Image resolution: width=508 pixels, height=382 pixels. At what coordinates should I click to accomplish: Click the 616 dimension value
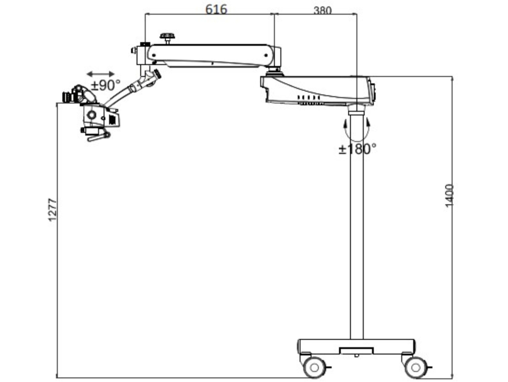tap(216, 9)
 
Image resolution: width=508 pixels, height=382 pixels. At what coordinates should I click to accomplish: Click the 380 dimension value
tap(322, 10)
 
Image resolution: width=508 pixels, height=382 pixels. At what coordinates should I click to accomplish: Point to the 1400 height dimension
tap(449, 195)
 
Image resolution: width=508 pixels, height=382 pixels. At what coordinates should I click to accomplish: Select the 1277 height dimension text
tap(52, 210)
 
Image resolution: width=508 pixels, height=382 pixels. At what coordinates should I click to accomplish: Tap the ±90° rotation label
tap(105, 86)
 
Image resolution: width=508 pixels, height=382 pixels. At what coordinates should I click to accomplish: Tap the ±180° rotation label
tap(358, 149)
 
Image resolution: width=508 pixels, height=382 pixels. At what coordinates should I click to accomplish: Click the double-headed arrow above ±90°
tap(101, 74)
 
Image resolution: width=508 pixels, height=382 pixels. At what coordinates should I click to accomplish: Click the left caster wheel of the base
tap(314, 367)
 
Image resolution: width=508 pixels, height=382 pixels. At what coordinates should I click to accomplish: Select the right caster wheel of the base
tap(415, 367)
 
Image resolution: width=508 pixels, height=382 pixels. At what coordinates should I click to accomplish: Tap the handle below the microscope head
tap(99, 137)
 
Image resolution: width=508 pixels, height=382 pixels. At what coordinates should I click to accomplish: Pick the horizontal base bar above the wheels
tap(356, 346)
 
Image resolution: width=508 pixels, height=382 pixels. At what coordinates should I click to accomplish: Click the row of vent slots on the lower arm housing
tap(309, 97)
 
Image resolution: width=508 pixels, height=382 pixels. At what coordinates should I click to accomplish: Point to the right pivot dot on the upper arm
tap(266, 55)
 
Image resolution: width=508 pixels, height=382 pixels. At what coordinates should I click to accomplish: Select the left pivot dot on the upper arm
tap(154, 55)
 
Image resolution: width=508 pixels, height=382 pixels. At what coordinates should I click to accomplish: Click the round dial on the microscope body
tap(92, 115)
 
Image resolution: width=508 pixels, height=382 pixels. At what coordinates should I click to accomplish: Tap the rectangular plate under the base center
tap(356, 351)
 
